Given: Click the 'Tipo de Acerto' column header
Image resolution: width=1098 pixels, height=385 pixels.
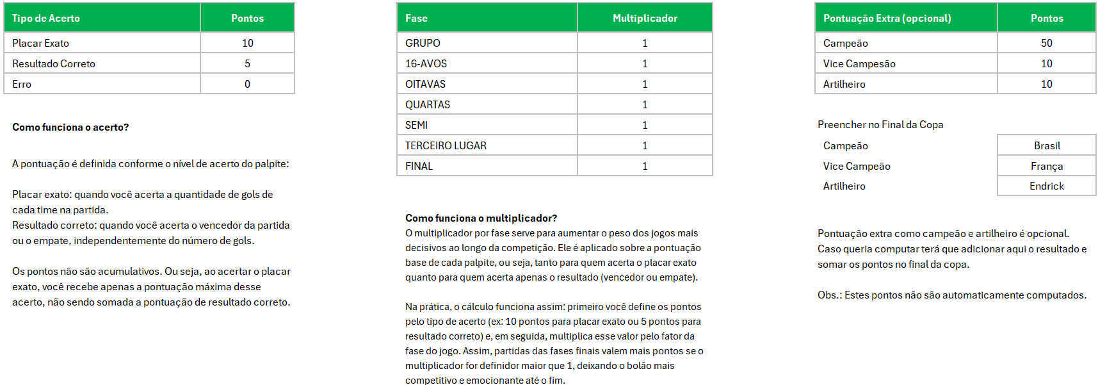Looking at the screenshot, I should (46, 18).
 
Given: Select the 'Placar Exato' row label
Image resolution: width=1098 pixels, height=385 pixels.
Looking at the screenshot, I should (40, 43).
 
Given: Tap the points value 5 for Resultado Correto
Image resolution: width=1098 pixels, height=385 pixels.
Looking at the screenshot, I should (247, 63).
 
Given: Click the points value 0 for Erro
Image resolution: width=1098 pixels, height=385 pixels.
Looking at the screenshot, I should (247, 84).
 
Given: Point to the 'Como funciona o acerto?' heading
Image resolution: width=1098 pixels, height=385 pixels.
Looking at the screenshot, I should (70, 127).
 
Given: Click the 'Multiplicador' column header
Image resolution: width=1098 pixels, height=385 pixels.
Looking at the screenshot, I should (645, 18).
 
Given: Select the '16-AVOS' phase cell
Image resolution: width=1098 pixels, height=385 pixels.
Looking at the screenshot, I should (426, 63).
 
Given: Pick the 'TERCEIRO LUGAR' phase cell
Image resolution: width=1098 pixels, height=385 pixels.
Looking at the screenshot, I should (446, 145).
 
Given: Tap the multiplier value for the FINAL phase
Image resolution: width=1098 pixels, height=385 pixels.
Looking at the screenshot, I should (645, 166).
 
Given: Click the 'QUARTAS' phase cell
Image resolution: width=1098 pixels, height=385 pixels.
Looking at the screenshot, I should (428, 104).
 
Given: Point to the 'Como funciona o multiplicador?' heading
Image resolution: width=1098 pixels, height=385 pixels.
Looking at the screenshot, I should (481, 218).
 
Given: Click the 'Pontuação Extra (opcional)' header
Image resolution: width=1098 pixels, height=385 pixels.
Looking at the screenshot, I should (887, 18).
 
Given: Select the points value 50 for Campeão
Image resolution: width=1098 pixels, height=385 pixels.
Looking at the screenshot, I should (1046, 43).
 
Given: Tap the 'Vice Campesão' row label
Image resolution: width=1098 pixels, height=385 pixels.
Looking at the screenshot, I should (859, 63).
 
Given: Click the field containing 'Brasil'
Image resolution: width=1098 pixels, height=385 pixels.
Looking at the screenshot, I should (1046, 145).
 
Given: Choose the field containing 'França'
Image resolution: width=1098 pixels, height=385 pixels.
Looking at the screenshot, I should (1046, 166).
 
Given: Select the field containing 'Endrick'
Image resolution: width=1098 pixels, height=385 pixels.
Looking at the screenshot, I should (1046, 186).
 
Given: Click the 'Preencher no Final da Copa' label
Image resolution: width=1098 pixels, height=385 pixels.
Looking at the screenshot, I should (880, 124).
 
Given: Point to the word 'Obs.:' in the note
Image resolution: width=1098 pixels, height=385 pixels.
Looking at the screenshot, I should (830, 295).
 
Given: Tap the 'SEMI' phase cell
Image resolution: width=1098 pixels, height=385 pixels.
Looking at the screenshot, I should (416, 125).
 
